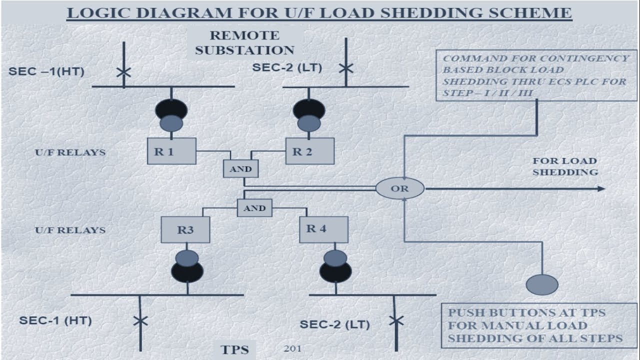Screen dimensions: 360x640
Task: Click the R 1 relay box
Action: pos(171,151)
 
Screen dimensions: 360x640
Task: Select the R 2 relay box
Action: pos(309,151)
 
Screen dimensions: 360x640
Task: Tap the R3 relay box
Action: pos(185,230)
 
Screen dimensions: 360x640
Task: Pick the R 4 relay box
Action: pos(323,229)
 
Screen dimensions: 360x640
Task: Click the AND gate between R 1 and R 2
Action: pos(240,169)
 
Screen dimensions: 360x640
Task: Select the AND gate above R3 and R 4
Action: pos(254,208)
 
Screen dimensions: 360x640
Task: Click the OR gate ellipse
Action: pos(399,188)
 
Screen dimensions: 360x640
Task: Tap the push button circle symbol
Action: pos(542,284)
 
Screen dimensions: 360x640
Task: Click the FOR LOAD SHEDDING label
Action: pos(564,166)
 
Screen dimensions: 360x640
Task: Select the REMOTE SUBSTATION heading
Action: pos(244,43)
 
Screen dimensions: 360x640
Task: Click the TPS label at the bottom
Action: pos(235,349)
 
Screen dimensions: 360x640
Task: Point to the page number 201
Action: pos(292,348)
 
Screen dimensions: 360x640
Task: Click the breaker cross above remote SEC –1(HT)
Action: pos(123,72)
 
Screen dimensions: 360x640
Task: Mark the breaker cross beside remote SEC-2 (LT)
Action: pos(345,68)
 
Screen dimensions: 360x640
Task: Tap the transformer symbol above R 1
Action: pos(171,114)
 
